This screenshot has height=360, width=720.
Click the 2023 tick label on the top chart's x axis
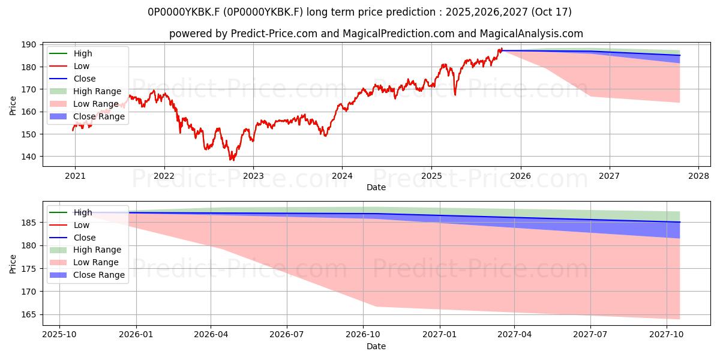253,176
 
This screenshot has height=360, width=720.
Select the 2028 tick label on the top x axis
698,176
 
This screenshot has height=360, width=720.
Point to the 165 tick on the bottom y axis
31,314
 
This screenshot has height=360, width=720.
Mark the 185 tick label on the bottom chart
31,223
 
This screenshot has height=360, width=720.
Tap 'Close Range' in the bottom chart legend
98,275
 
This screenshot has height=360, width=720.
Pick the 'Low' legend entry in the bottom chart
81,225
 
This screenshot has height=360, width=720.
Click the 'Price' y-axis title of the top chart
13,105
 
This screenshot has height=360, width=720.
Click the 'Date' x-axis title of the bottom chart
376,346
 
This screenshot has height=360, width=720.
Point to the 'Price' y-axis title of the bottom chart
13,263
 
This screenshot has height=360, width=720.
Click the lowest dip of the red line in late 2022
232,160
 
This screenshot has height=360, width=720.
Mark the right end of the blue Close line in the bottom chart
680,222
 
